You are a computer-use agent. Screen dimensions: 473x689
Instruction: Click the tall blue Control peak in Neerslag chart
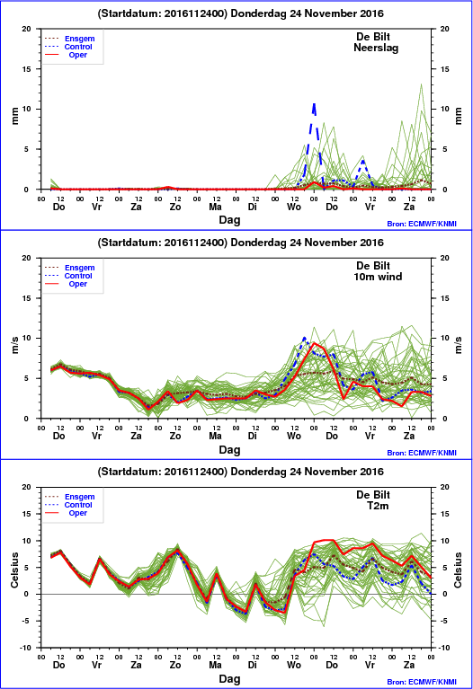coord(314,104)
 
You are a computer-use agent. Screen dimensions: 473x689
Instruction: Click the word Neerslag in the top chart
coord(376,48)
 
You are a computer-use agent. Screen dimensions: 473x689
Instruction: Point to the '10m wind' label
coord(378,277)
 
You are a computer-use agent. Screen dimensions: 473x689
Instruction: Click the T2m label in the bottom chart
coord(378,506)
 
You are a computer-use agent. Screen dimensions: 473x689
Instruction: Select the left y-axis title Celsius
coord(14,570)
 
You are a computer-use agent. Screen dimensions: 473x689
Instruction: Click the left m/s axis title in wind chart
coord(15,345)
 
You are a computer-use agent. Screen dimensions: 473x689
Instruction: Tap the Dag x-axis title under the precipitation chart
coord(229,220)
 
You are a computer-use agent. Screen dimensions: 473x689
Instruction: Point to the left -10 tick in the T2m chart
coord(26,648)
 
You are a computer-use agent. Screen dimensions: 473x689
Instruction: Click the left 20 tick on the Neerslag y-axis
coord(27,29)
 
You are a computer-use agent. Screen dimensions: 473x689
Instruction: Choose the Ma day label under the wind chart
coord(215,436)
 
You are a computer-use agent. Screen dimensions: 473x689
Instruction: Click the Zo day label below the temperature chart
coord(175,665)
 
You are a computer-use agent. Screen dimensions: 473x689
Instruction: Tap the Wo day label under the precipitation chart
coord(293,207)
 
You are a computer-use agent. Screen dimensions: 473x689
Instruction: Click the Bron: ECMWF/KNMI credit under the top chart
coord(422,224)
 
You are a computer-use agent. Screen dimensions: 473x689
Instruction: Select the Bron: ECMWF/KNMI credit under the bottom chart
coord(422,682)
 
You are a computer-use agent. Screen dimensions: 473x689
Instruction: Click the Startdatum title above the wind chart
coord(241,243)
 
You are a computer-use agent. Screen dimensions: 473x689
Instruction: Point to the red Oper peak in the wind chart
coord(314,343)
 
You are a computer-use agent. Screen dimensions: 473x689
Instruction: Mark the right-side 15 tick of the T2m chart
coord(444,514)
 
